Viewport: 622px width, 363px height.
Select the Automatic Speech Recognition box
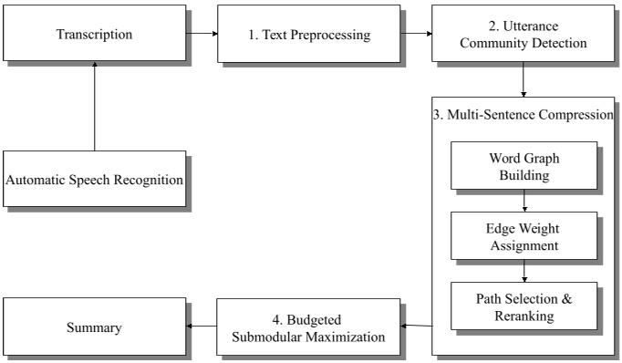(95, 179)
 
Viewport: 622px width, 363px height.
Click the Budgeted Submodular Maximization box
(308, 327)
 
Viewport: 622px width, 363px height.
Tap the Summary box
(95, 327)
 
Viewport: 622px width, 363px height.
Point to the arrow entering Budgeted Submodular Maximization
(417, 326)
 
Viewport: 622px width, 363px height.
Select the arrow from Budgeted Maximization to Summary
(202, 327)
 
